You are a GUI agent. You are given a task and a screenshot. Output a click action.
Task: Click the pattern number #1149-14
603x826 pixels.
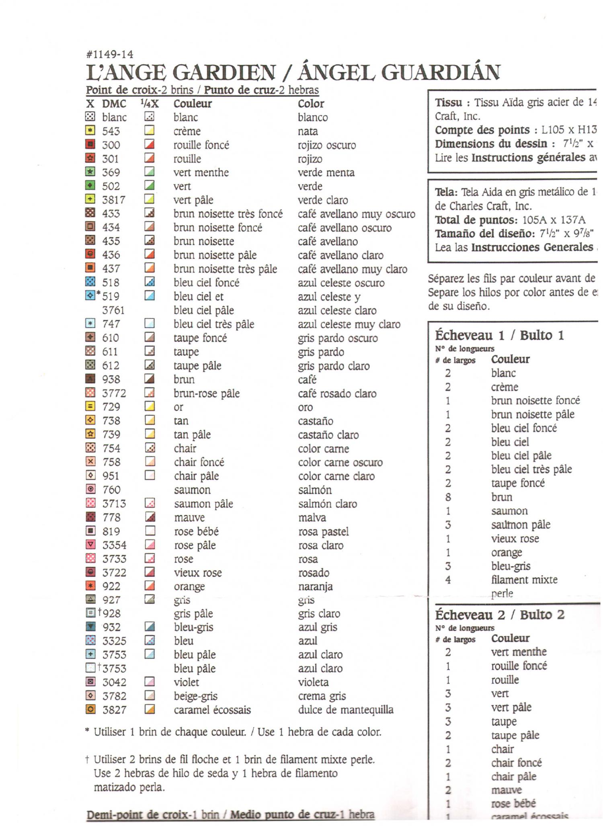(x=110, y=54)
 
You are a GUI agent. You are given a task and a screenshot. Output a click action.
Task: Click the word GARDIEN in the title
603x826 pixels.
(x=224, y=73)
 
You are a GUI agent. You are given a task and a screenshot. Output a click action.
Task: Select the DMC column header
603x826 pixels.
(x=114, y=104)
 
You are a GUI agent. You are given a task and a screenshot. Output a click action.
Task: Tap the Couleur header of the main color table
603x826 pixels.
(x=193, y=104)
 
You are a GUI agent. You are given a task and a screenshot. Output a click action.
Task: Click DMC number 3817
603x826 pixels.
(x=114, y=200)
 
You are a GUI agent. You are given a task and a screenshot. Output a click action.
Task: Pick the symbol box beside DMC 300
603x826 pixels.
(x=90, y=144)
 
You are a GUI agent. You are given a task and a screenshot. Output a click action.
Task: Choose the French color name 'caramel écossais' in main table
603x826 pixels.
(x=212, y=710)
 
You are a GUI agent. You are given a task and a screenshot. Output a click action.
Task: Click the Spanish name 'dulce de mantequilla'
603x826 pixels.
(x=346, y=710)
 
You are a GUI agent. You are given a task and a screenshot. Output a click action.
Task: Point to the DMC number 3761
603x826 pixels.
(x=113, y=310)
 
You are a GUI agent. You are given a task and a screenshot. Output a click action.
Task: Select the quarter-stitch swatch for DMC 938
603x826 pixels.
(x=150, y=379)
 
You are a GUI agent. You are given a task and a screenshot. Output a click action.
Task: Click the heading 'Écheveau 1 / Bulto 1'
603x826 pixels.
(x=499, y=335)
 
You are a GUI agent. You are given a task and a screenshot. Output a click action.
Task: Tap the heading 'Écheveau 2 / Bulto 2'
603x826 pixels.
(x=500, y=615)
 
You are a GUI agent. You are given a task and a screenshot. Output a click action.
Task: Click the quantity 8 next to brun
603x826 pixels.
(x=448, y=497)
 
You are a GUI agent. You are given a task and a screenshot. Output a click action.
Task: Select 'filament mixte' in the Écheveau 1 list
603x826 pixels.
(x=524, y=580)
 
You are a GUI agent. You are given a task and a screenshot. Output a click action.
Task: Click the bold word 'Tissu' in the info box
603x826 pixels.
(x=448, y=102)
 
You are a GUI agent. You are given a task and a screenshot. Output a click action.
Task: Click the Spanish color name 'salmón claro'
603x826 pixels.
(x=328, y=504)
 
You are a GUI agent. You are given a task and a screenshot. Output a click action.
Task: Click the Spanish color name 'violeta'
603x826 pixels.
(x=314, y=682)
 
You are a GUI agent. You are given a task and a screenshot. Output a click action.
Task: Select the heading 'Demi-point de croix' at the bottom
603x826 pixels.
(x=137, y=815)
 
